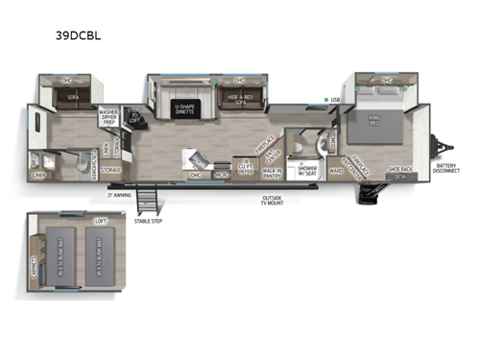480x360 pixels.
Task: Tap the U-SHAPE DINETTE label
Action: coord(185,108)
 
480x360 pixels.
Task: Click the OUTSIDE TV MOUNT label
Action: coord(273,201)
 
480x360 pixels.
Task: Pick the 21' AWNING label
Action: coord(120,193)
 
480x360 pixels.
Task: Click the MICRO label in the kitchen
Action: coord(221,176)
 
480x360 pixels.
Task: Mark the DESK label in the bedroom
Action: coord(400,177)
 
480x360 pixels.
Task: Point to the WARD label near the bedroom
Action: coord(336,171)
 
